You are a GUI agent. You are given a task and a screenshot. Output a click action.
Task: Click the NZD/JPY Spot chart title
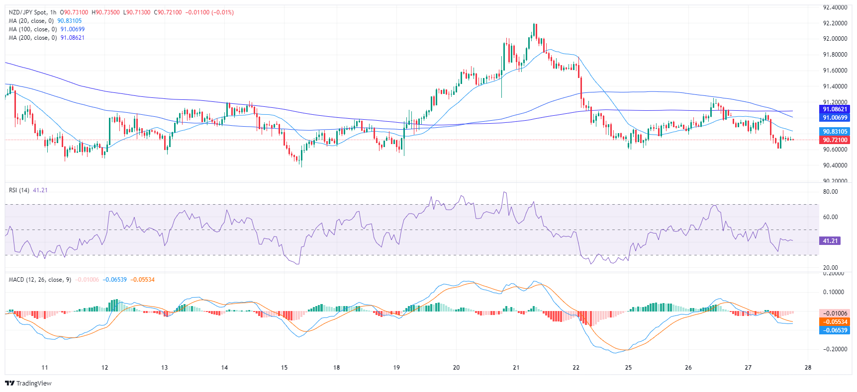click(32, 12)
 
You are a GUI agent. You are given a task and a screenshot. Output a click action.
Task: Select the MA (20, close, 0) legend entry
click(31, 21)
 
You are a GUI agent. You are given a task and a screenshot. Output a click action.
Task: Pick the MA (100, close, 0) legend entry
click(32, 29)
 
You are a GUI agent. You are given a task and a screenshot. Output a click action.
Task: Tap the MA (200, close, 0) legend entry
click(32, 38)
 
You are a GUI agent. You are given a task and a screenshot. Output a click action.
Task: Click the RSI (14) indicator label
click(19, 190)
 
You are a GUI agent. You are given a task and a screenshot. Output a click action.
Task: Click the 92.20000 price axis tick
click(835, 23)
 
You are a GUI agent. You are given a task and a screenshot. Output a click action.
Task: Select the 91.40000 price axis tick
click(835, 86)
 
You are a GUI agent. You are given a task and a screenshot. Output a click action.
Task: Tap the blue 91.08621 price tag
click(835, 109)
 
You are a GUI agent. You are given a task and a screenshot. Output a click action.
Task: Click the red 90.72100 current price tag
click(835, 140)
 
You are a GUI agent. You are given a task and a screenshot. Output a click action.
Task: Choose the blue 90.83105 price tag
click(835, 132)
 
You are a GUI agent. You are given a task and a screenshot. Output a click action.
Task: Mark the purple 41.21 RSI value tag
click(830, 241)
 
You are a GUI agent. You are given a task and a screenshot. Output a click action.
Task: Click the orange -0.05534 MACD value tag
click(835, 322)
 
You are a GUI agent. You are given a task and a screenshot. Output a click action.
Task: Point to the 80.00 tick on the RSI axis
click(831, 192)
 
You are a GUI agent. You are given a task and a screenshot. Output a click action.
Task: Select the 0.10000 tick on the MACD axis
click(835, 292)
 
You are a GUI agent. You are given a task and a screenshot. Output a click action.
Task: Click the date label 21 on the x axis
click(516, 368)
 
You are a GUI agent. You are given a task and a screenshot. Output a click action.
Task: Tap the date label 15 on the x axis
click(284, 368)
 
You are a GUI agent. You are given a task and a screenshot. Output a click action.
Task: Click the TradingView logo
click(28, 383)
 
